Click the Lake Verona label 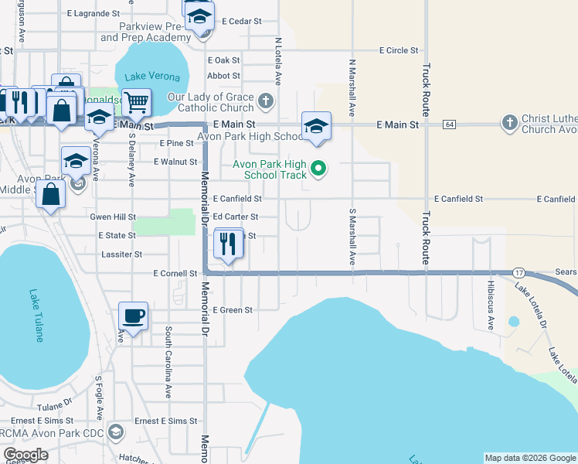tap(152, 77)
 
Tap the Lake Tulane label tap(36, 316)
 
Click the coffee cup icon tap(133, 316)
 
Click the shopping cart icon tap(136, 101)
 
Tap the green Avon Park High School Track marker tap(318, 167)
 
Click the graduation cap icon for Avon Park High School tap(315, 125)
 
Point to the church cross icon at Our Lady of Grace tap(265, 100)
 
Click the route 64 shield tap(449, 125)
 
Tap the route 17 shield tap(519, 273)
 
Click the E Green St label tap(233, 310)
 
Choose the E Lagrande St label tap(93, 14)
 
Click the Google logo tap(25, 455)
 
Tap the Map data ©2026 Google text tap(529, 458)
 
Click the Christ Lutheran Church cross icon tap(509, 122)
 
